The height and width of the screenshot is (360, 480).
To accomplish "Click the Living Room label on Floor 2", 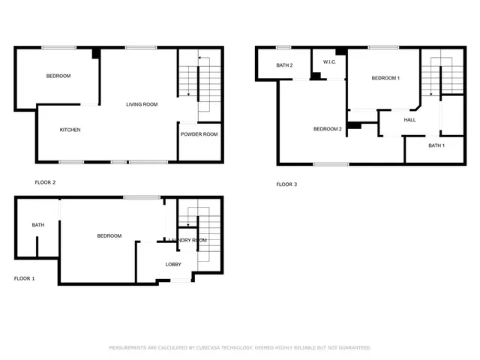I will [x=141, y=104].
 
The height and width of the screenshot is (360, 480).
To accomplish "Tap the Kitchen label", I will [x=70, y=130].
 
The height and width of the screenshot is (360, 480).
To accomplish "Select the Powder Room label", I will [x=199, y=134].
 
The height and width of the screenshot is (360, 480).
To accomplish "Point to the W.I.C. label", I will [x=328, y=61].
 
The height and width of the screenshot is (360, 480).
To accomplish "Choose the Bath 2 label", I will [x=284, y=65].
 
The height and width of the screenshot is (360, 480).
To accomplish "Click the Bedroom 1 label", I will [x=386, y=78].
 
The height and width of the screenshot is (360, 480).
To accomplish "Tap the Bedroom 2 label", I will [x=327, y=129].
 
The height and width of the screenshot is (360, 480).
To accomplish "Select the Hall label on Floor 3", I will [x=409, y=119].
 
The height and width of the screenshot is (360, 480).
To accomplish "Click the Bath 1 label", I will [x=436, y=145].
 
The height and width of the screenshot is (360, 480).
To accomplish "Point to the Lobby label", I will [x=173, y=264].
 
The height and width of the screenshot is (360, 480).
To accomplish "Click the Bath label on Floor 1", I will [x=37, y=225].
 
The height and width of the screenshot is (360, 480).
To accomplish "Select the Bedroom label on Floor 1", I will [x=109, y=236].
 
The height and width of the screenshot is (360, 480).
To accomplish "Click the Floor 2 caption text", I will [x=46, y=182].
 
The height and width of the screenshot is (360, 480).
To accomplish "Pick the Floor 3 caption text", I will [x=286, y=184].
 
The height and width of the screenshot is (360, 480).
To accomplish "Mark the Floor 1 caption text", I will [x=25, y=278].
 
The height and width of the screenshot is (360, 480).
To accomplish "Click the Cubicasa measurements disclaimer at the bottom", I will [x=240, y=347].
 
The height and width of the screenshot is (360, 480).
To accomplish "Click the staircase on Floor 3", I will [x=430, y=75].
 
